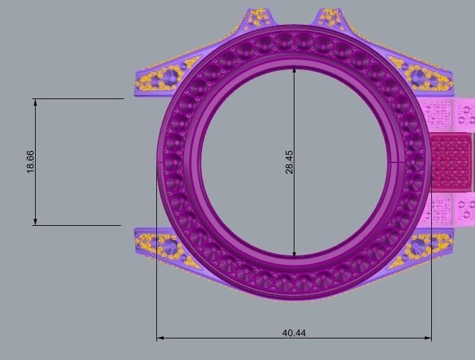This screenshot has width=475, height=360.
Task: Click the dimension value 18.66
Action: (x=30, y=162)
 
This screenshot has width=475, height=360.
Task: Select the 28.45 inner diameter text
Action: (x=289, y=162)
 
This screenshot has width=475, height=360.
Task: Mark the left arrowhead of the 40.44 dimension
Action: (x=160, y=338)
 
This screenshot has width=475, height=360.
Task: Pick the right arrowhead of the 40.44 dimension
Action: (x=428, y=338)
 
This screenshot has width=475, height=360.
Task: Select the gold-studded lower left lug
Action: (x=158, y=244)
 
